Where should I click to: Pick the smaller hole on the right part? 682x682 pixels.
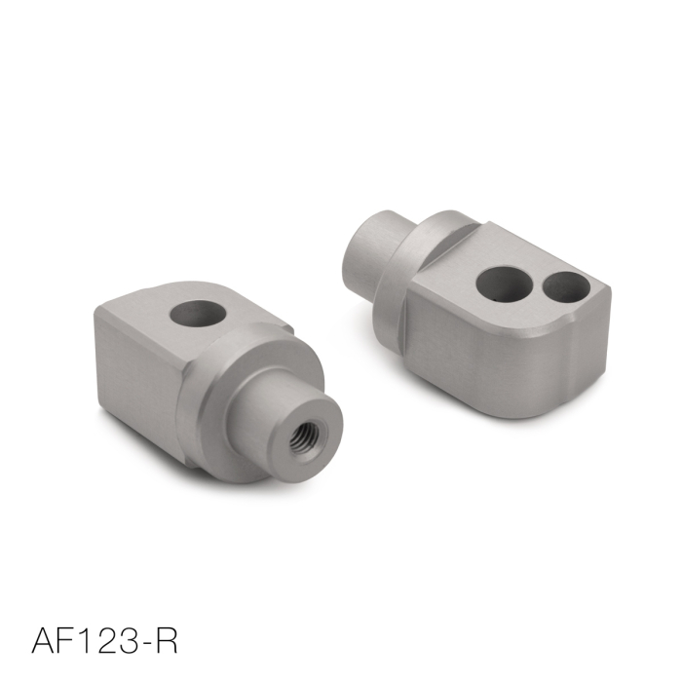(x=562, y=285)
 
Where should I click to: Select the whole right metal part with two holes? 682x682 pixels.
(x=477, y=302)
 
